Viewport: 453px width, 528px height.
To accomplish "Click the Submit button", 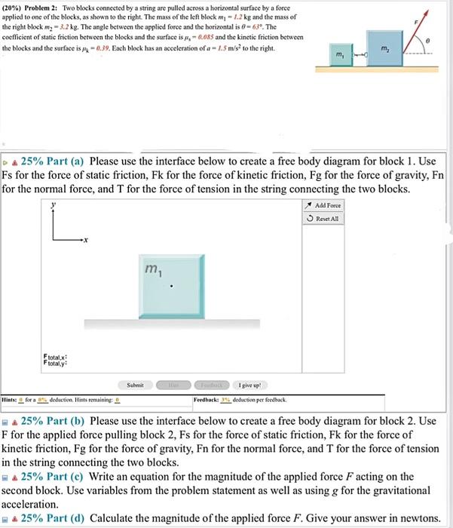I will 135,384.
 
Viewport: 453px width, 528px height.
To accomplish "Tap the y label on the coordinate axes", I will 52,204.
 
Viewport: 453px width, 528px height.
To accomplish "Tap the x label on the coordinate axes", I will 86,241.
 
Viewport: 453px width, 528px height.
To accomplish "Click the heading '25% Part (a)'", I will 54,161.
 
